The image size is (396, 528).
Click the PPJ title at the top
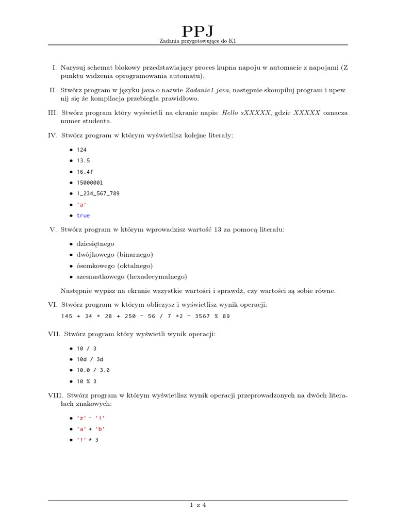coord(198,32)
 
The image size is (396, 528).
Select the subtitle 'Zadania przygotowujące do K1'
coord(198,45)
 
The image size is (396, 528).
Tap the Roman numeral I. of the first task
coord(54,68)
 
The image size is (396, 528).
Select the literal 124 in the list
coord(82,150)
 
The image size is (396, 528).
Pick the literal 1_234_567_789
coord(98,193)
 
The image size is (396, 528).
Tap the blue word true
coord(83,216)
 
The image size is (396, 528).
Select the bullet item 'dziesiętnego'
coord(95,243)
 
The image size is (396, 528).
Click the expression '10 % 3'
coord(87,381)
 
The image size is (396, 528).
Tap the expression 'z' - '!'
coord(93,418)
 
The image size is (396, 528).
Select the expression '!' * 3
coord(87,440)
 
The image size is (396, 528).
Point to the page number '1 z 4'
coord(198,505)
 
